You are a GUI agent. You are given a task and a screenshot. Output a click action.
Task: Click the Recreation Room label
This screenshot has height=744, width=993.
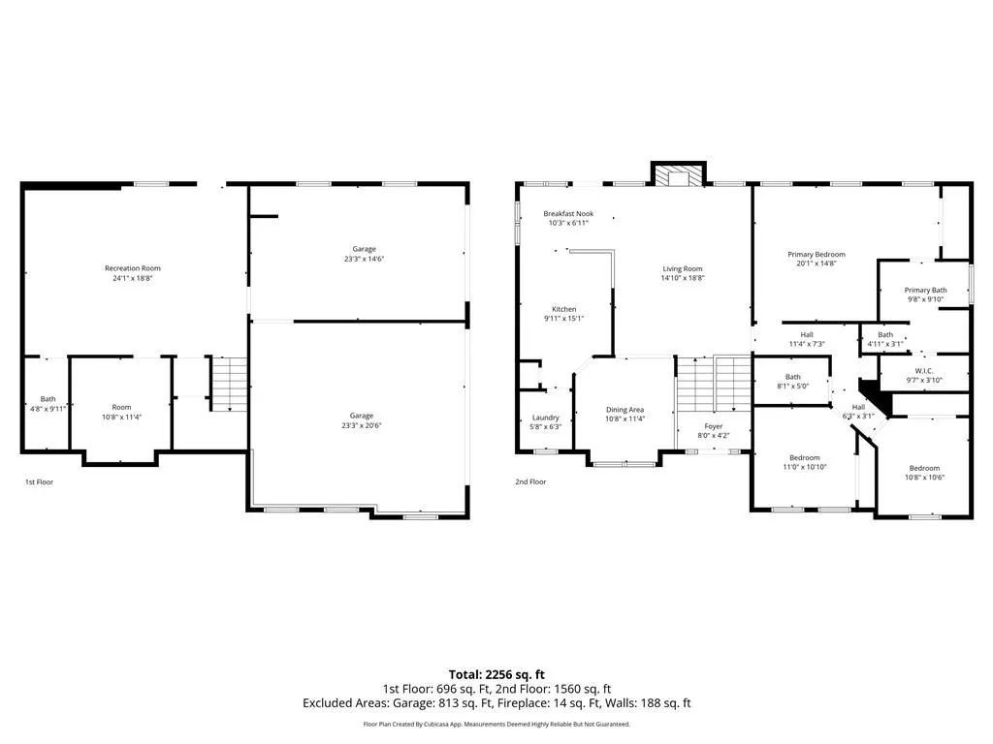[132, 268]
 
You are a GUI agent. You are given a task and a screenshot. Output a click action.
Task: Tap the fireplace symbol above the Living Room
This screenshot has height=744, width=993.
[679, 176]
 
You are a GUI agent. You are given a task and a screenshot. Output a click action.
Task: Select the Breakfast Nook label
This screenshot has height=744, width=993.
[568, 214]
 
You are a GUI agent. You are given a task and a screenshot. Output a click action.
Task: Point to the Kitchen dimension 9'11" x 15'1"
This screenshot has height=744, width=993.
[563, 319]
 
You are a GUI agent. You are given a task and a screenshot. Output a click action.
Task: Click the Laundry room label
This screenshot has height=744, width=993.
[545, 418]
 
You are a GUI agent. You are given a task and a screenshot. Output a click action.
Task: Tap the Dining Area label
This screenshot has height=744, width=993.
[625, 410]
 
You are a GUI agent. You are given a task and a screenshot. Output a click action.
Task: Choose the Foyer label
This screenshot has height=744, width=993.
[713, 426]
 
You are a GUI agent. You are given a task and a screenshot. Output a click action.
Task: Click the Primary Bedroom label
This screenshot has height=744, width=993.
[817, 255]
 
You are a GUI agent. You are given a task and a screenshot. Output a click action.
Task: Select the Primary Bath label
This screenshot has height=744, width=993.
[925, 291]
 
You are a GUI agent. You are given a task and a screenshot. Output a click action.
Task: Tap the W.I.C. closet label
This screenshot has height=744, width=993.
[924, 371]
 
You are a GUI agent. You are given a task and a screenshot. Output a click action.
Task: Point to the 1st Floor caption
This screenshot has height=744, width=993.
[39, 482]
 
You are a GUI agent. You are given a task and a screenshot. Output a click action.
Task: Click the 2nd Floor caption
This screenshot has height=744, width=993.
[530, 482]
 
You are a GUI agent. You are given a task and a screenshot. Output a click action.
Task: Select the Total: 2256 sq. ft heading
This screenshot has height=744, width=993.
[496, 674]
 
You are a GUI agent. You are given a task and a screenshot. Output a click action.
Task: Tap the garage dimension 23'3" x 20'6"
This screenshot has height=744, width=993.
[362, 426]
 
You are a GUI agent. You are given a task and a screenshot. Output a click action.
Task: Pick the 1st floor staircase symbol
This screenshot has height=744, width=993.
[229, 384]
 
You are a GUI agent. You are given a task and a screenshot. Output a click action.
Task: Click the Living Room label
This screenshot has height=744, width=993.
[682, 269]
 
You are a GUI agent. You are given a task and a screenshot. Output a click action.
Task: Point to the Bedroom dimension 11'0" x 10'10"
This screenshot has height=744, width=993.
[804, 468]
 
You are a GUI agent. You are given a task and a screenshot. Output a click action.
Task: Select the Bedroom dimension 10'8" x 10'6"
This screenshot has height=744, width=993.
[924, 478]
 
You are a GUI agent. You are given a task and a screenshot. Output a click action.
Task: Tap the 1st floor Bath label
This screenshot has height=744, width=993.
[48, 399]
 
